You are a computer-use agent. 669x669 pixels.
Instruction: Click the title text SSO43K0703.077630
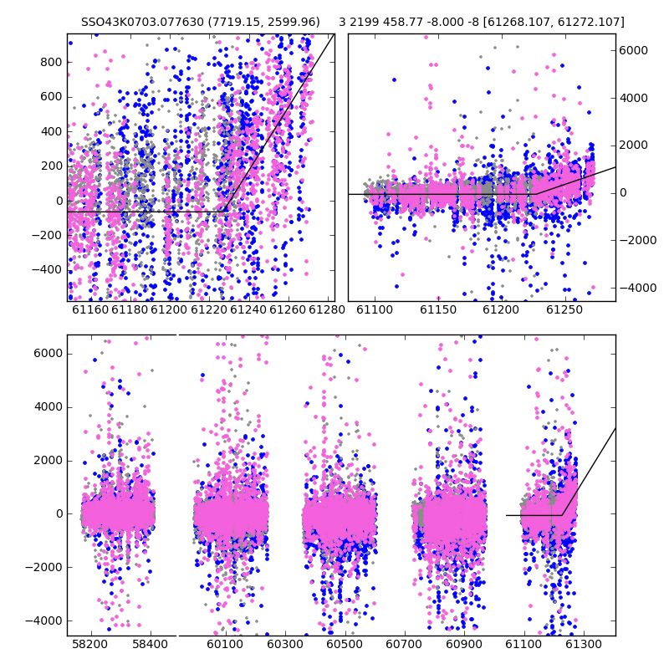142,22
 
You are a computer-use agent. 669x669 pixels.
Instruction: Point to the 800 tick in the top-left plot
51,62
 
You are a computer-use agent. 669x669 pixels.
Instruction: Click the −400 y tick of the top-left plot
47,269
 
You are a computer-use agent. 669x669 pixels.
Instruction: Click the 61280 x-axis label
327,309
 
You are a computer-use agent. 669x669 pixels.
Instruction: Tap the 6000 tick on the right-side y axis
634,50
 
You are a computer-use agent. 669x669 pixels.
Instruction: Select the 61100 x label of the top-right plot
375,309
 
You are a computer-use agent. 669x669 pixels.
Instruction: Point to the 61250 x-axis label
564,309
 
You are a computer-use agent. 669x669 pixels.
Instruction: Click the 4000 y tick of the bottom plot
49,407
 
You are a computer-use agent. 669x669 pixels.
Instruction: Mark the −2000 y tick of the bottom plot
44,568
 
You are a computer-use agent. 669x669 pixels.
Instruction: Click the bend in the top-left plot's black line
224,212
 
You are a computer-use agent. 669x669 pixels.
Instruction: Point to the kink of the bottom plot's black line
561,515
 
